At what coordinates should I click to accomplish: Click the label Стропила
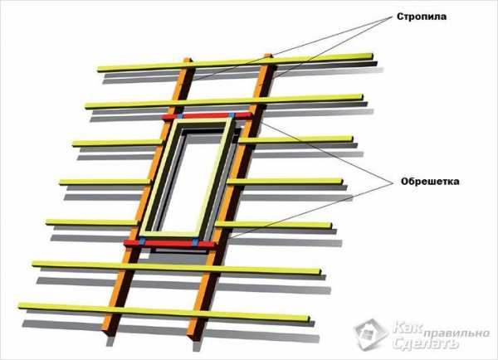(422, 17)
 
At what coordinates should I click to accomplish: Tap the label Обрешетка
(430, 182)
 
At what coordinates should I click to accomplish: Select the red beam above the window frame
(207, 116)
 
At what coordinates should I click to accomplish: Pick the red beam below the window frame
(170, 244)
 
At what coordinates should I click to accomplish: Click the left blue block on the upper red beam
(180, 116)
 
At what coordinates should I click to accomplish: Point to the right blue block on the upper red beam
(232, 115)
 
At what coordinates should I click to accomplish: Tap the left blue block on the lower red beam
(142, 241)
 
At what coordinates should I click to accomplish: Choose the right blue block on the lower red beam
(195, 244)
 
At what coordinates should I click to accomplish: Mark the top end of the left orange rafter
(188, 60)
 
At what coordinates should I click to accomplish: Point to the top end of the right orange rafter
(268, 56)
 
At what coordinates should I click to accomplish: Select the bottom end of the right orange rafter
(193, 336)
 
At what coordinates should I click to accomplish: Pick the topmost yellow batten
(235, 62)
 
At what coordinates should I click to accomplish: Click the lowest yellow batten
(164, 312)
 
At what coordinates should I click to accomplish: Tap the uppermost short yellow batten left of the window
(118, 143)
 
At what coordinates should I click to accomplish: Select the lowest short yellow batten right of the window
(273, 225)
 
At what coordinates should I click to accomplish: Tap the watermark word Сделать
(426, 343)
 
